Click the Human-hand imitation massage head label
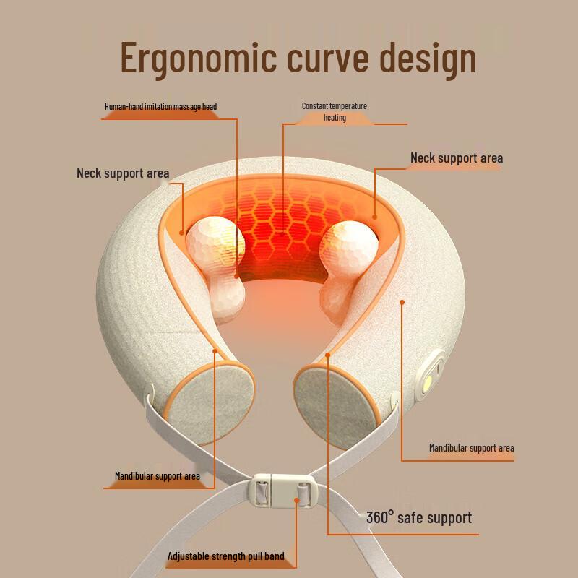tap(160, 107)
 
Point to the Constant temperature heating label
tap(334, 111)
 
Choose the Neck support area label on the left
tap(123, 173)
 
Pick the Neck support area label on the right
tap(457, 158)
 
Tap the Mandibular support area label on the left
tap(157, 476)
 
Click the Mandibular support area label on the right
tap(471, 448)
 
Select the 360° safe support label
tap(418, 517)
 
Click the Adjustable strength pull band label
tap(226, 556)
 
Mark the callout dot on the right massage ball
tap(375, 215)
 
